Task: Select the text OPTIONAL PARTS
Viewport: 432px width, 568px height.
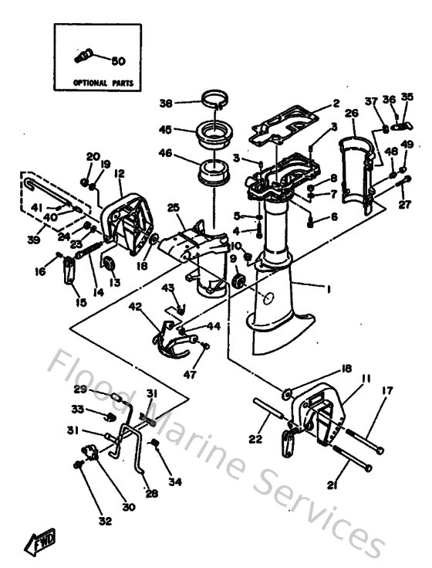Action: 103,81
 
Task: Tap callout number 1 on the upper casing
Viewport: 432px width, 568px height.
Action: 327,289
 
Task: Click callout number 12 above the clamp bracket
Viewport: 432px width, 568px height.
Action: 119,174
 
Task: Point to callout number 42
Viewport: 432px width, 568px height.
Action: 135,306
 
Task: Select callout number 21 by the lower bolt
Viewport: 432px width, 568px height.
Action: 332,485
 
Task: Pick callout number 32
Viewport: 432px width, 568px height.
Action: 105,521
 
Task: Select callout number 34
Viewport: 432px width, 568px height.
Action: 175,482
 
